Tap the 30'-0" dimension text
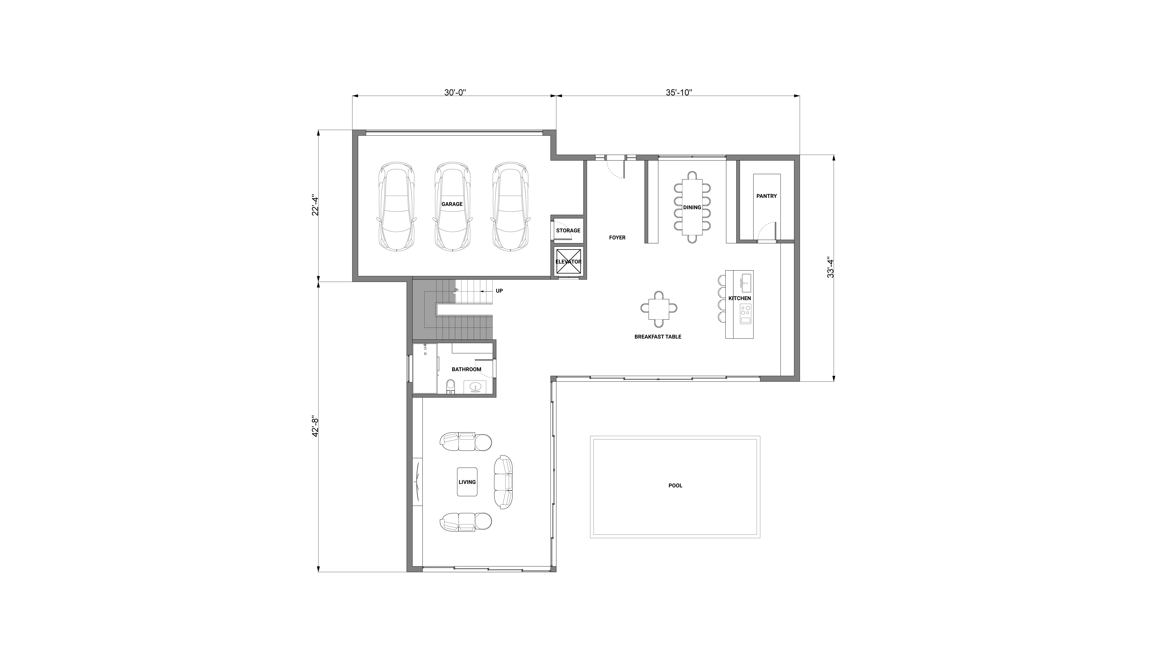point(455,93)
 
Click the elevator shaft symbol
point(568,262)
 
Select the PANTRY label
point(767,196)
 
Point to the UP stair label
point(499,291)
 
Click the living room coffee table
point(467,482)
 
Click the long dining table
point(692,207)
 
